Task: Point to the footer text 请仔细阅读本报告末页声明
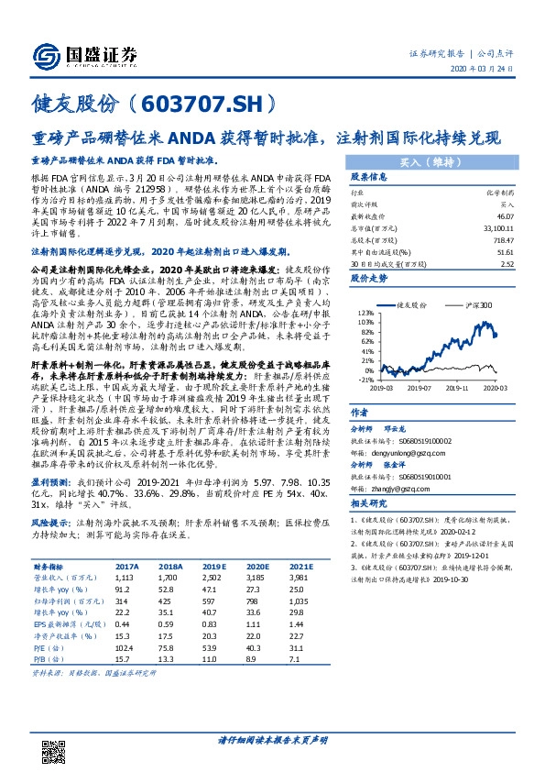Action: tap(272, 737)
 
